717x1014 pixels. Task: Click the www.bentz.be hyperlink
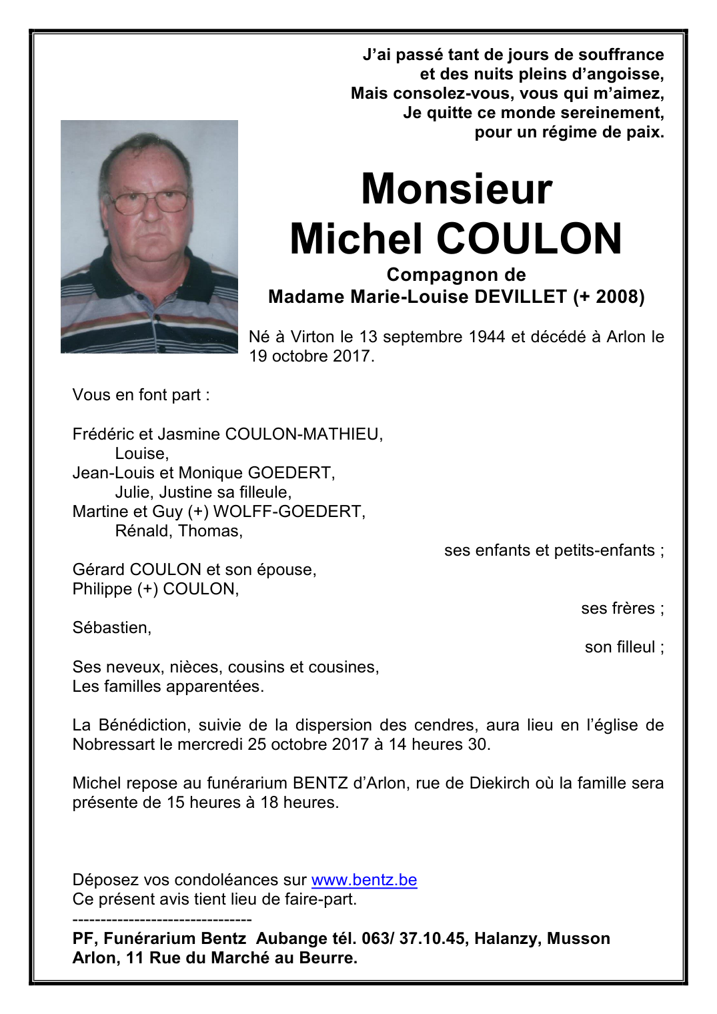(364, 880)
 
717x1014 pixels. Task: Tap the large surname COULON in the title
(529, 239)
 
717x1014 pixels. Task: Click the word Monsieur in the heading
(456, 189)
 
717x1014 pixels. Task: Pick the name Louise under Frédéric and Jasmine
(141, 454)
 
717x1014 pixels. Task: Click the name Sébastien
(111, 628)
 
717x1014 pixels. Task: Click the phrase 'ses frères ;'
(622, 608)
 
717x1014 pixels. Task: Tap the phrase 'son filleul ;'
(624, 647)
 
